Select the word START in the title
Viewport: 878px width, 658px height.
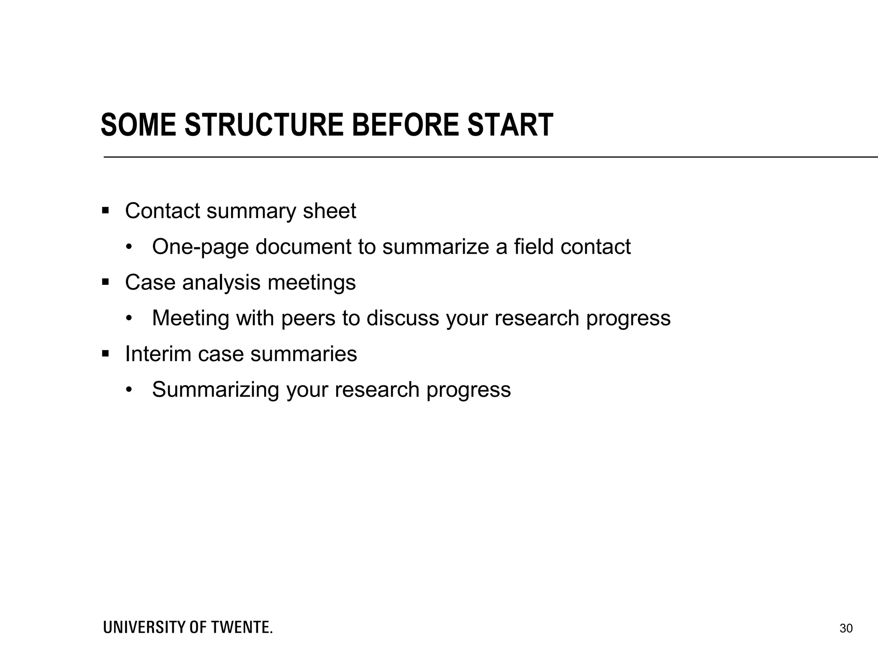[510, 126]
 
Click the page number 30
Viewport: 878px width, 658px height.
[846, 628]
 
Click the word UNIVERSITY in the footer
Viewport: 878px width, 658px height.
[144, 628]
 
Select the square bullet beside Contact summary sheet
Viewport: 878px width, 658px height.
[105, 211]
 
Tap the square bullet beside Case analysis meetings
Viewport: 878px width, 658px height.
[105, 282]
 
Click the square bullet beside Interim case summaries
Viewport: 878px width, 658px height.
[105, 354]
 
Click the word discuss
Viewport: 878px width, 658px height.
[403, 318]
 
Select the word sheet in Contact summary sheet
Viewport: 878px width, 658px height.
[329, 211]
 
